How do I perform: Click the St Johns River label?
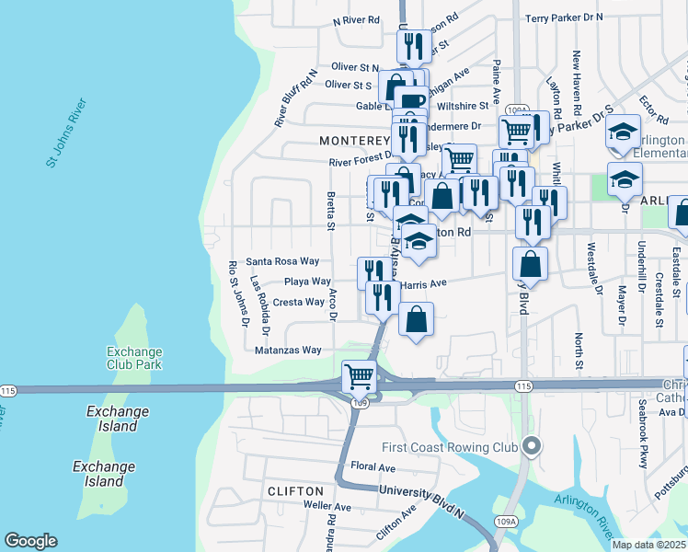[65, 132]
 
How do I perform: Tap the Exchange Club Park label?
[134, 359]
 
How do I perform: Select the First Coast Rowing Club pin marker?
[530, 447]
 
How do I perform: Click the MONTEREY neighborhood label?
[355, 141]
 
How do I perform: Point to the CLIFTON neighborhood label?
[295, 492]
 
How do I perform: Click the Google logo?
[30, 541]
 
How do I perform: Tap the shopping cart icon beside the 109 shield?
[358, 375]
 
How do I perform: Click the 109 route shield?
[360, 403]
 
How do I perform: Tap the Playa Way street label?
[307, 282]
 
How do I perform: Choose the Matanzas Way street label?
[288, 351]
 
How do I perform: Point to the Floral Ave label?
[373, 467]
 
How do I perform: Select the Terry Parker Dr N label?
[564, 17]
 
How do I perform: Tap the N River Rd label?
[356, 19]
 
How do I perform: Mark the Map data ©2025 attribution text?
[648, 545]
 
